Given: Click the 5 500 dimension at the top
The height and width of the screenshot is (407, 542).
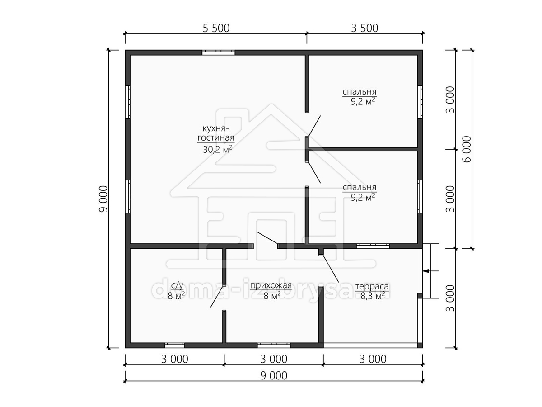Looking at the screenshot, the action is (x=216, y=28).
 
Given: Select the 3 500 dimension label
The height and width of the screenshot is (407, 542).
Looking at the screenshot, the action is (x=364, y=28).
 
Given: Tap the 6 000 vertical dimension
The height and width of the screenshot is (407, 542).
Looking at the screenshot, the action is (x=467, y=149).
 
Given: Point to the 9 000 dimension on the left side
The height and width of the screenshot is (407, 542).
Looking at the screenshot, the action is (x=103, y=199).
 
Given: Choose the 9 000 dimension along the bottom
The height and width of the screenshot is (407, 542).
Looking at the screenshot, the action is (x=274, y=376).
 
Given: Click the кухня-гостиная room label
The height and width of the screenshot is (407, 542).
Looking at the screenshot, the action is (x=216, y=133).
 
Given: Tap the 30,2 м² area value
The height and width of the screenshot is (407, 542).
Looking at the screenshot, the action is (x=217, y=149).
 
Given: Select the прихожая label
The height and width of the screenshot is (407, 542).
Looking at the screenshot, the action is (x=271, y=286).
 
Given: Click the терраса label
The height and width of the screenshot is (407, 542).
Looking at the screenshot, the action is (x=372, y=286).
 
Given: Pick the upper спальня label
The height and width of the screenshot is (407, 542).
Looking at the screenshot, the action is (x=360, y=92).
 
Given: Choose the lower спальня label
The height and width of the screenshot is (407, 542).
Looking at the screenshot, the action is (x=360, y=188).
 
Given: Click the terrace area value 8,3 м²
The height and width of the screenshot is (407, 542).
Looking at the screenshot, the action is (x=373, y=296).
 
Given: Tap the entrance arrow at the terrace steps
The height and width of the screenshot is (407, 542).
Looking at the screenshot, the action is (x=430, y=271).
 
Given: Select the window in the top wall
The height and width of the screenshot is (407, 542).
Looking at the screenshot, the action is (x=219, y=52).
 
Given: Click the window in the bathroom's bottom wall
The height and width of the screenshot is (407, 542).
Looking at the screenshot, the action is (x=175, y=345).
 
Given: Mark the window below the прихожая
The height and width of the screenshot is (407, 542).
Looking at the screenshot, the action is (x=274, y=345).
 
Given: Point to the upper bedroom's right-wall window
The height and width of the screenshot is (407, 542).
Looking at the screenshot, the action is (x=420, y=102).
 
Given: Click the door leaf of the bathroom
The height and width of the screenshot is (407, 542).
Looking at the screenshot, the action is (x=217, y=297).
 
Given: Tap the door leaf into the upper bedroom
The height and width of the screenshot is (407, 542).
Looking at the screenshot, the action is (x=314, y=126).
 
